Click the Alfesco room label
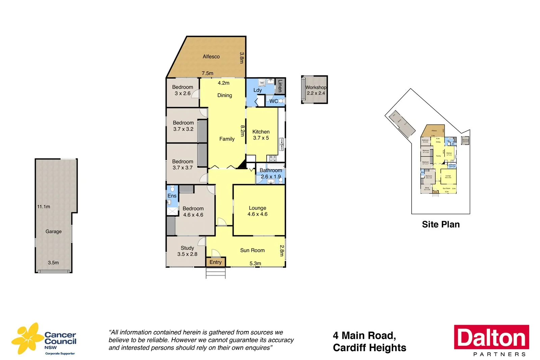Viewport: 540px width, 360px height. click(211, 56)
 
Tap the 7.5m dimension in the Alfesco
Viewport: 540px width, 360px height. click(207, 73)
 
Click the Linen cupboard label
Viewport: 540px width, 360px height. click(280, 86)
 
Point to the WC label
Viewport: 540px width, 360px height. click(273, 101)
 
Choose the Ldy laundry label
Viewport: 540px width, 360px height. click(257, 90)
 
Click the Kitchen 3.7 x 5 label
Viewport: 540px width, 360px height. click(261, 135)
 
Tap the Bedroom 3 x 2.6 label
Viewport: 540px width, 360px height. click(183, 90)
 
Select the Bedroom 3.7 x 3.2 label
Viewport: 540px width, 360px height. click(183, 126)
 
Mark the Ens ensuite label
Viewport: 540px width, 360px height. click(172, 196)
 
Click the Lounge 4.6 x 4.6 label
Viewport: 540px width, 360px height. click(258, 211)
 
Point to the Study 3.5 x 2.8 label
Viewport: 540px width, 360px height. click(187, 251)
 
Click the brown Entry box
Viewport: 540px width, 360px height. click(216, 262)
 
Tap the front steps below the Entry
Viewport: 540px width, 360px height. click(216, 273)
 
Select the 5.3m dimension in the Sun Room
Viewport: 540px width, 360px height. click(255, 263)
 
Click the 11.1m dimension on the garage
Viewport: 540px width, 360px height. click(44, 207)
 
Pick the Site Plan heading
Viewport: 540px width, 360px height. click(440, 225)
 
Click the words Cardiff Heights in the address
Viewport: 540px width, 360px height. click(369, 348)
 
